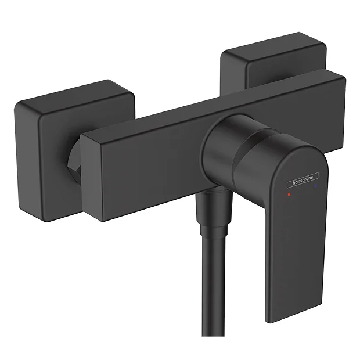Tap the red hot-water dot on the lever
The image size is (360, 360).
(289, 197)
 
